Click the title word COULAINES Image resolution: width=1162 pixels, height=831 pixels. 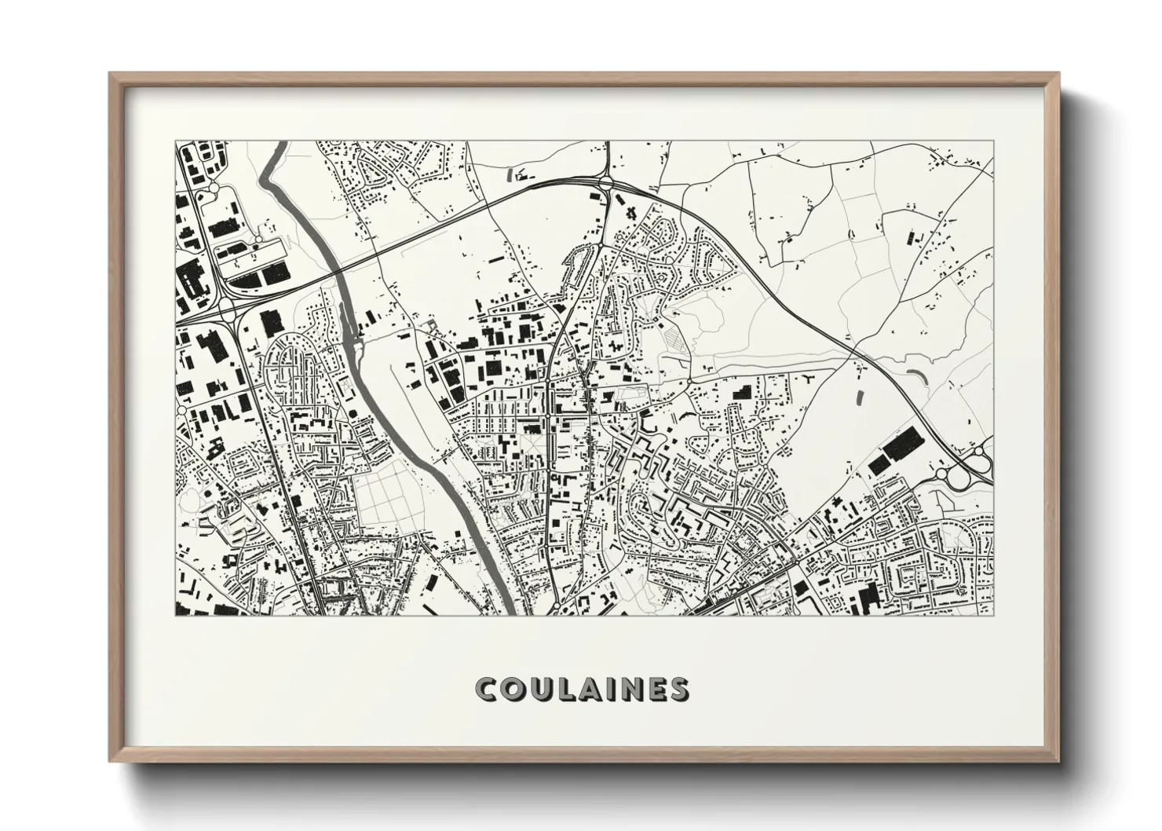coord(582,689)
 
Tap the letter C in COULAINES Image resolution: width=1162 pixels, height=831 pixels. coord(486,689)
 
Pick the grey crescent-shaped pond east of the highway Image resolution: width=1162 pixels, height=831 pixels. coord(915,377)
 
